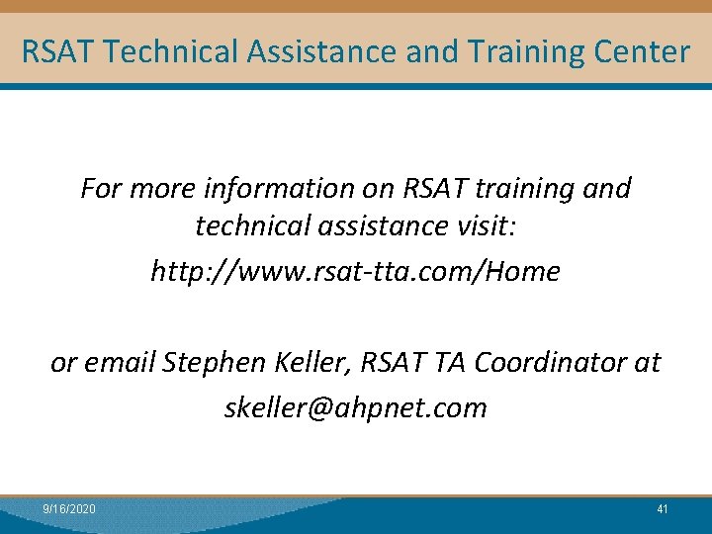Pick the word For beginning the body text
100,188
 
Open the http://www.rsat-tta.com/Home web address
355,270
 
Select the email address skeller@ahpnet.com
355,407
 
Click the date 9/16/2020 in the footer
69,508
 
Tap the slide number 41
663,508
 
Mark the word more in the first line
158,188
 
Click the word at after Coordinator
648,363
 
